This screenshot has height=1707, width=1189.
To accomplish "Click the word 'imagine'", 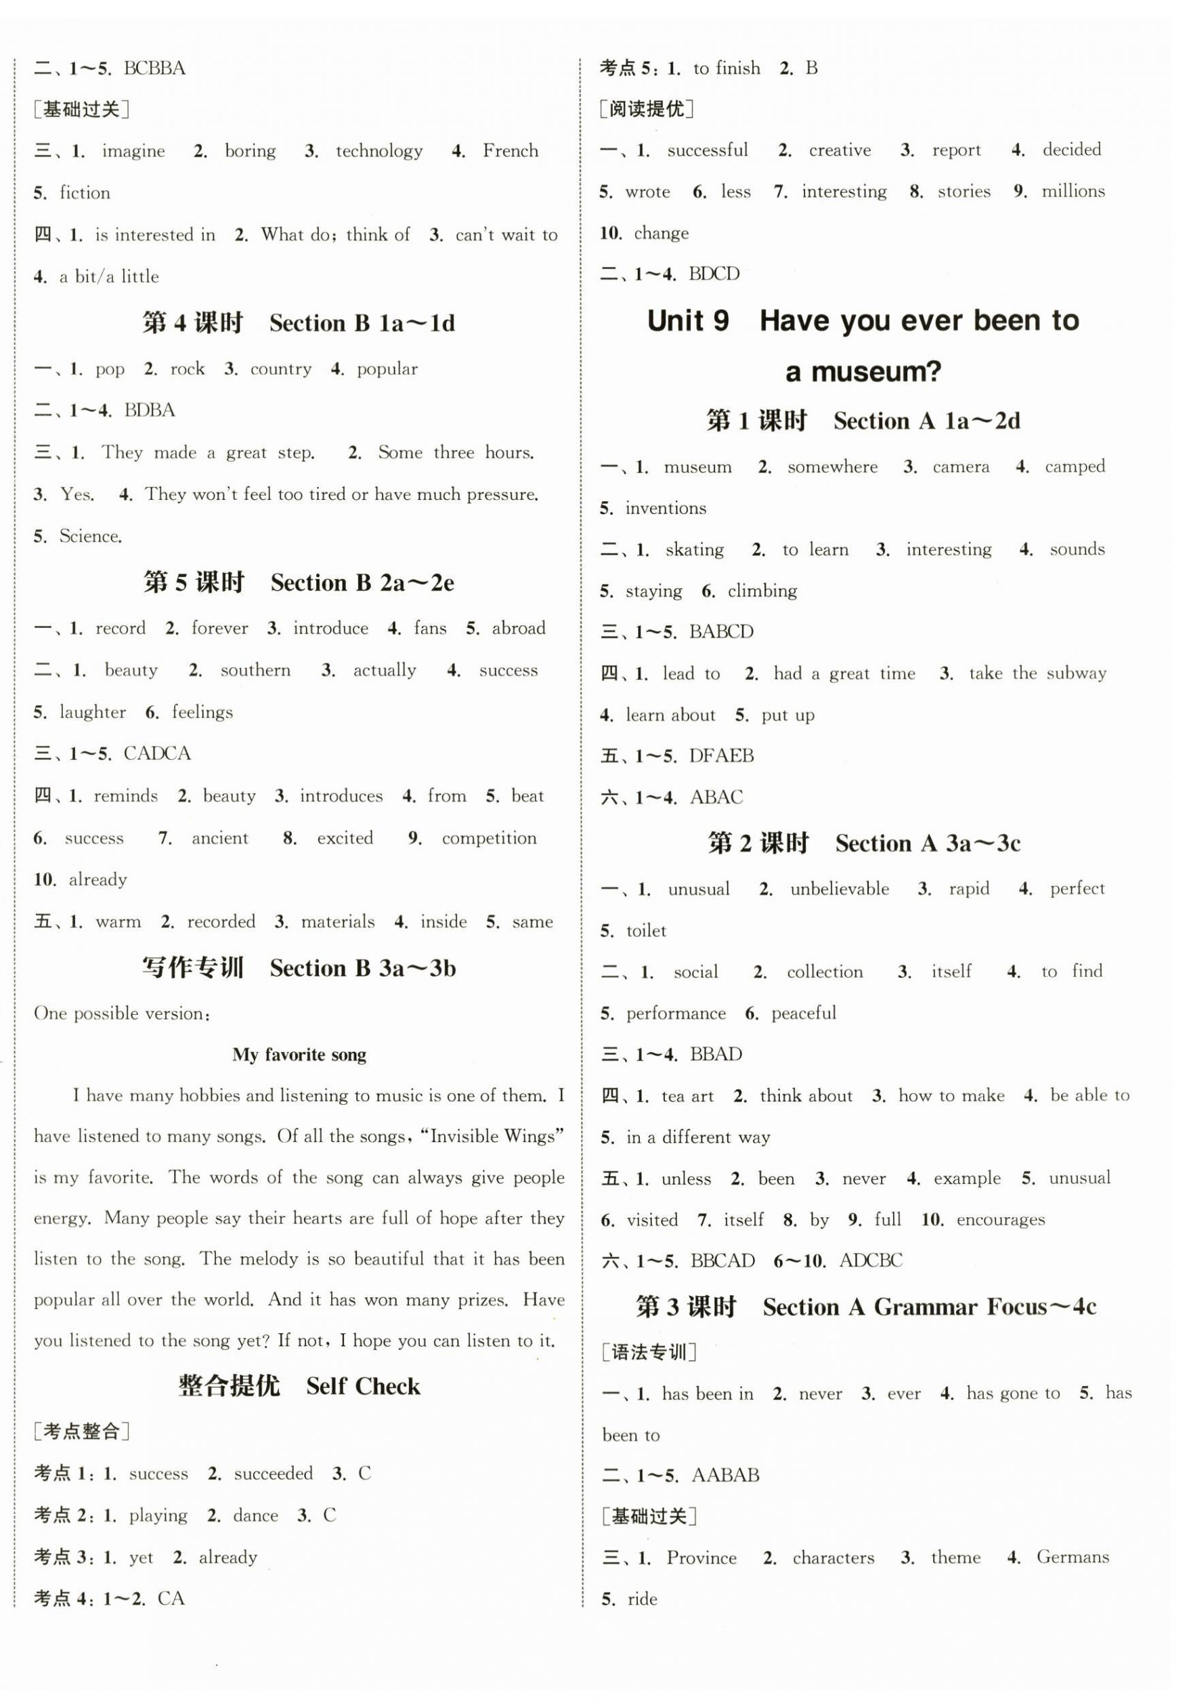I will pos(133,151).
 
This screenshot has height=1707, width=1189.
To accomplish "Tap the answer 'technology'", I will pos(379,151).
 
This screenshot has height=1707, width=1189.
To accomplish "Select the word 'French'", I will pos(510,151).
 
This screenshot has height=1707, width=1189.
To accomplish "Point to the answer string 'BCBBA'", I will pos(154,68).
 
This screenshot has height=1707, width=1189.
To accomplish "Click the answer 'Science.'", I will pos(91,536).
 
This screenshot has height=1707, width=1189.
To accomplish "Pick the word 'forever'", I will pos(219,628).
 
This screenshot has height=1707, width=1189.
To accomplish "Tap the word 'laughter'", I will pos(92,712).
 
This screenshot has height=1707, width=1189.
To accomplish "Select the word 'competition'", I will pos(489,838).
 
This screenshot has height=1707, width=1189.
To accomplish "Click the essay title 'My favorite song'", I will pos(299,1054).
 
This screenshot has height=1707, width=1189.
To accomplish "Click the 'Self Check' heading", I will pos(363,1386).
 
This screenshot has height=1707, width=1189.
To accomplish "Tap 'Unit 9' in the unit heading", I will pos(687,321).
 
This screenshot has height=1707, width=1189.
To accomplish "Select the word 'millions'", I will pos(1073,191).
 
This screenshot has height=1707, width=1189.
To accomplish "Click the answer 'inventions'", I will pos(665,508).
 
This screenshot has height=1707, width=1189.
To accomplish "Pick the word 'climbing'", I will pos(762,591).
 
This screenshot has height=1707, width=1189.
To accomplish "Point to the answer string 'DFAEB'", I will pos(721,756).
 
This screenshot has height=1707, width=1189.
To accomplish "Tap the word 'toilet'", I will pos(646,931).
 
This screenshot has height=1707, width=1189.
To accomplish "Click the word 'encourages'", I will pos(1000,1219).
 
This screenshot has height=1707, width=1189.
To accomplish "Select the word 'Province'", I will pos(701,1557).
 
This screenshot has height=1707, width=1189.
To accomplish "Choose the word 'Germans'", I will pos(1073,1557).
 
